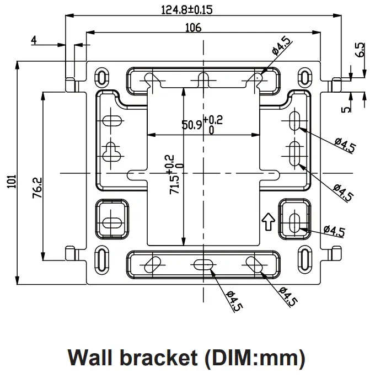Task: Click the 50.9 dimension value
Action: [x=190, y=125]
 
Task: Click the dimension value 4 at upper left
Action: [x=34, y=41]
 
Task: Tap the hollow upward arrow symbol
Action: [x=268, y=221]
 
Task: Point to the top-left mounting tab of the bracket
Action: [x=70, y=84]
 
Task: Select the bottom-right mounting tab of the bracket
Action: [x=334, y=253]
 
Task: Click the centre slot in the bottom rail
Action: [x=203, y=264]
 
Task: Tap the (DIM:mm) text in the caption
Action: [x=253, y=358]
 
